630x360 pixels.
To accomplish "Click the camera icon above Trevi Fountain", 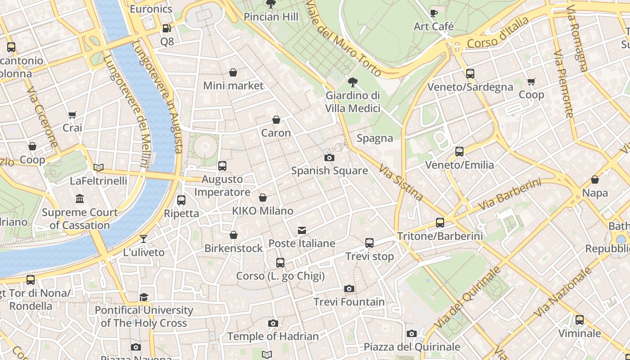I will (x=349, y=288).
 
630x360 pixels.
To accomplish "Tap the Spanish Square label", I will (x=329, y=171).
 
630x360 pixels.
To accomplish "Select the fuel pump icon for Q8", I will (x=166, y=28).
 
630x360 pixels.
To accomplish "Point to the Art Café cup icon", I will (x=433, y=13).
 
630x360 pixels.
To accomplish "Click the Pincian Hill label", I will (x=271, y=17).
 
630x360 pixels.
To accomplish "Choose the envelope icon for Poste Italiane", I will (x=301, y=230).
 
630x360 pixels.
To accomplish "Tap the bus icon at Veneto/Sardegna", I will (x=470, y=73).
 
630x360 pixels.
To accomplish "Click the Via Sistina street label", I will (x=400, y=182).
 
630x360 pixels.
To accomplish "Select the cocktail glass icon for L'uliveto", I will (x=144, y=239).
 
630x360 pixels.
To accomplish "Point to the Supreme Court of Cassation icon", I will (x=80, y=198).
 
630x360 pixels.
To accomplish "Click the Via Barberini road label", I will (x=509, y=194).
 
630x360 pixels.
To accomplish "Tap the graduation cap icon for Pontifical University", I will (x=144, y=297).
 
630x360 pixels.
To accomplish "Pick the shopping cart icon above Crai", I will (x=72, y=115).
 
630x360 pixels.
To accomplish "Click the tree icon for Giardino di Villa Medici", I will (x=353, y=82).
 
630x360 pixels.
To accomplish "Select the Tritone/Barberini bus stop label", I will (x=440, y=236).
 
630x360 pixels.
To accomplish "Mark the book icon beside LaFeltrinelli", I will (x=99, y=167).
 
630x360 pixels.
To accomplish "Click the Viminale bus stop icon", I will (x=580, y=320).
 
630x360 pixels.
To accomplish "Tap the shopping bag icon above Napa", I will (x=595, y=180).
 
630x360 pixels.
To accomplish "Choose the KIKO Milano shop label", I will (x=262, y=211).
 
